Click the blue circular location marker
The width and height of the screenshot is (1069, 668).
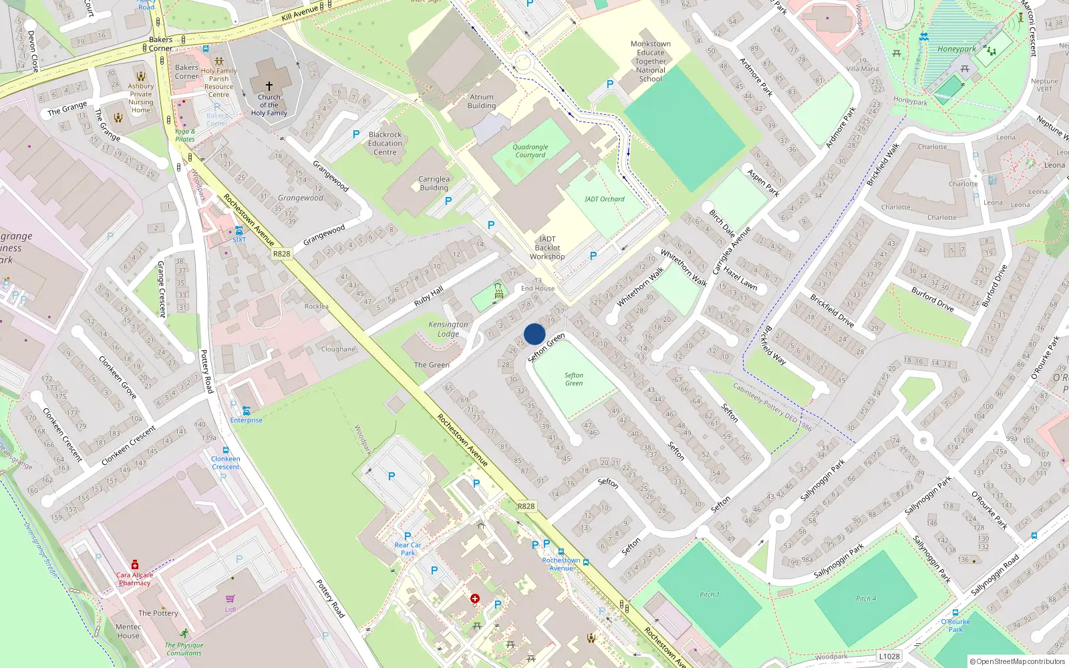534,334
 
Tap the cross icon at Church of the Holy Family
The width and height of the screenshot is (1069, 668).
269,86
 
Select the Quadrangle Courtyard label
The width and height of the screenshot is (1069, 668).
530,151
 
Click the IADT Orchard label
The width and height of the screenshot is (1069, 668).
604,199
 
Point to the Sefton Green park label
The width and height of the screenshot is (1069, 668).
573,379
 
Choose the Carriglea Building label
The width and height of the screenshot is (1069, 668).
434,184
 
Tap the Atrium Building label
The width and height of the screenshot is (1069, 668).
481,102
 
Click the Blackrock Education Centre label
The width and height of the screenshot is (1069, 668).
385,144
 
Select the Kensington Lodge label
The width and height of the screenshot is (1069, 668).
448,329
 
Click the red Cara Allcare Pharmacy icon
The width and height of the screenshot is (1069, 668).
135,565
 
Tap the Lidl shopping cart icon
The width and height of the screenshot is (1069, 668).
231,599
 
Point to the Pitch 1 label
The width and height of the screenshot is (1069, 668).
709,595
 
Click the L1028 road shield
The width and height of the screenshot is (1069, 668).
889,657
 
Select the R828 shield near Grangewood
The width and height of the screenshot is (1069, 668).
282,254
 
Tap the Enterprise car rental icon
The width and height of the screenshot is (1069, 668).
247,411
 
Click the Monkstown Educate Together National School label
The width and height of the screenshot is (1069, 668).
650,61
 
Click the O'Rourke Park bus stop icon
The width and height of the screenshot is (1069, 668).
955,613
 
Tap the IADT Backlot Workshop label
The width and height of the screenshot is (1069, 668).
547,248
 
